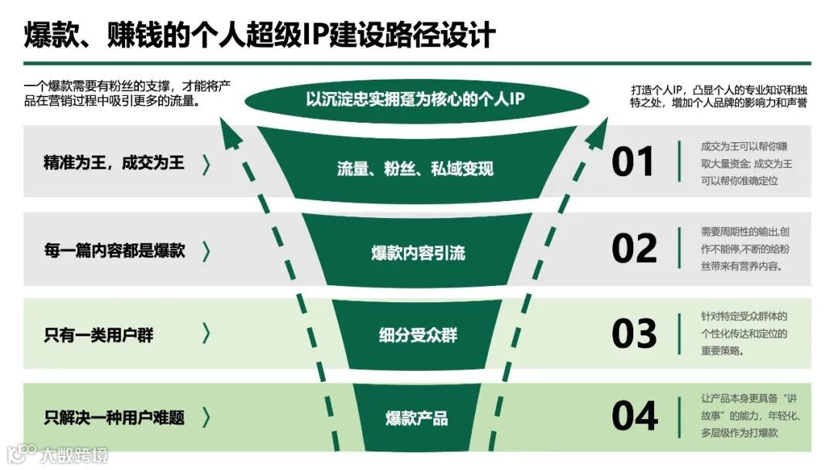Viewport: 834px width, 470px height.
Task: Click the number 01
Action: pos(633,162)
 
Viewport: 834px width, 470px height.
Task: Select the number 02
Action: pos(634,249)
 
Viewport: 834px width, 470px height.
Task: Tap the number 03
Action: pos(634,334)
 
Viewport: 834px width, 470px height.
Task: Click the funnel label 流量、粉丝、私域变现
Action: pos(415,169)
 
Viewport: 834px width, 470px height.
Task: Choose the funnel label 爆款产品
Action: pos(417,418)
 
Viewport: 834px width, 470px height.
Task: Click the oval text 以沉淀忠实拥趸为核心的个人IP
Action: pos(416,99)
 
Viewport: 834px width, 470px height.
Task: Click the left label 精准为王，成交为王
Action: pos(114,164)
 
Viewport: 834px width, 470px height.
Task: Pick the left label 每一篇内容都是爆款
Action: pos(114,250)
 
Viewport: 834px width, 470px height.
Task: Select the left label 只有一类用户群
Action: pos(99,335)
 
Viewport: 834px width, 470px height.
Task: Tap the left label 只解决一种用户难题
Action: pos(114,418)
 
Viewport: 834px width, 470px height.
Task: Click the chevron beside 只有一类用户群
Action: pos(206,334)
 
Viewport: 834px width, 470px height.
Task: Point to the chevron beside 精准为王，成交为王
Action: pos(206,164)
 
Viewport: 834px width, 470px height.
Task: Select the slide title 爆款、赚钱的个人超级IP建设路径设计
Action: pos(259,36)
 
